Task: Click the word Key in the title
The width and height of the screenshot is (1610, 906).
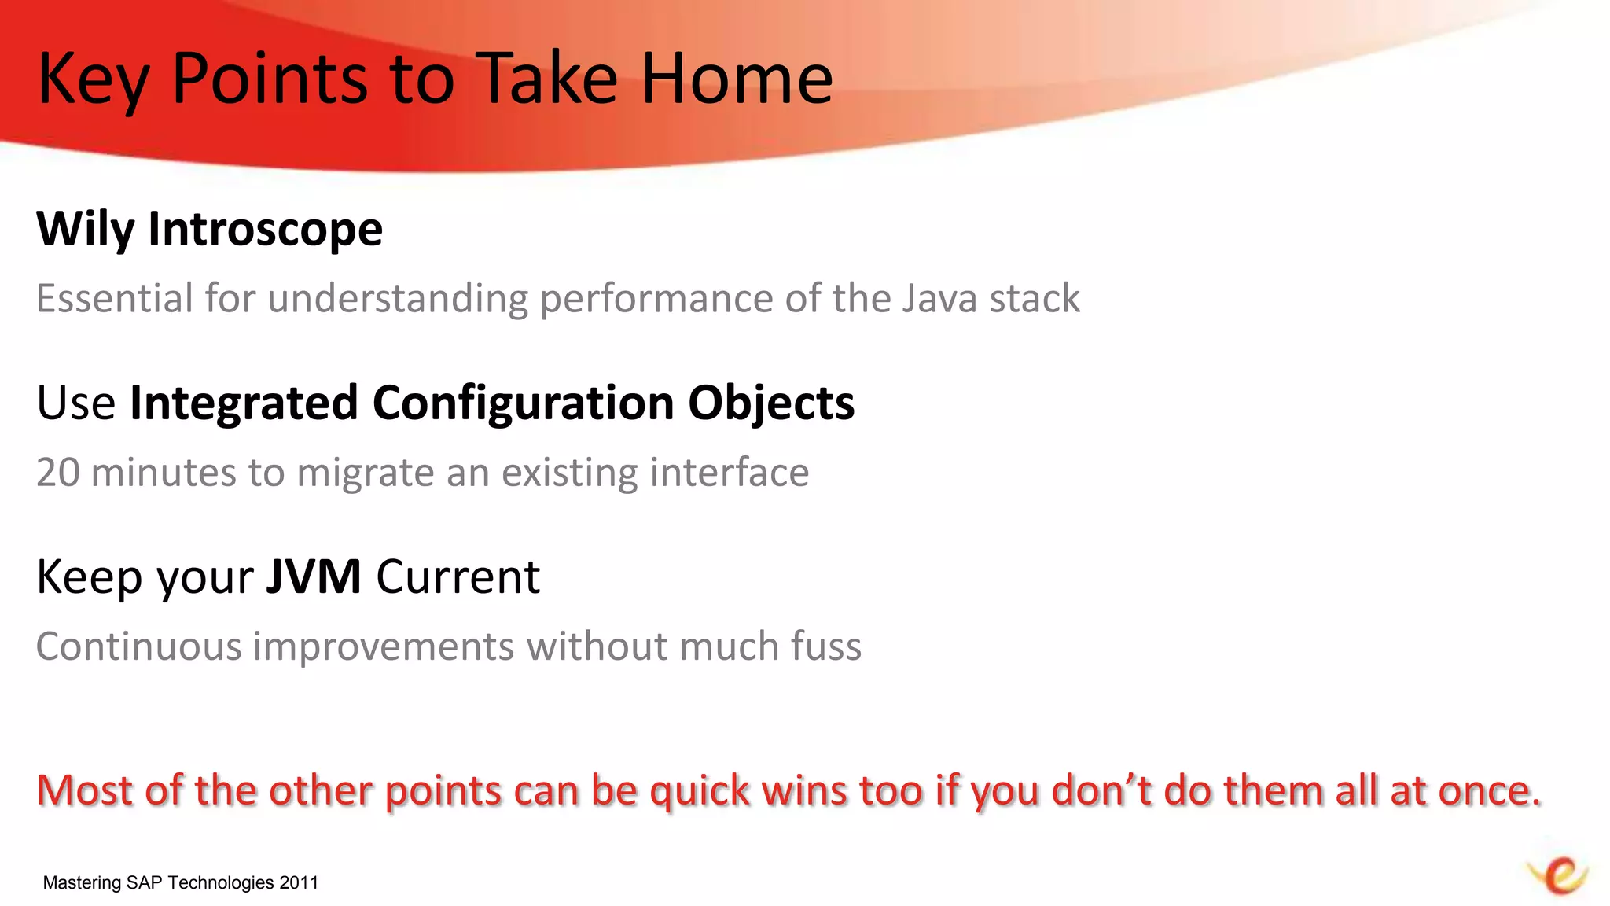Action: pyautogui.click(x=93, y=80)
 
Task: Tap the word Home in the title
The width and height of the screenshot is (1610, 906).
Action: pyautogui.click(x=737, y=79)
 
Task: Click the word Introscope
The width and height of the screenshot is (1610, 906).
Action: pyautogui.click(x=265, y=230)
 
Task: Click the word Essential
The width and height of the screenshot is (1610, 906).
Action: pyautogui.click(x=115, y=299)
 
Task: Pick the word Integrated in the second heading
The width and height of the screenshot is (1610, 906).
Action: pyautogui.click(x=244, y=403)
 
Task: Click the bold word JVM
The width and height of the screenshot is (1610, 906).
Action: pyautogui.click(x=313, y=577)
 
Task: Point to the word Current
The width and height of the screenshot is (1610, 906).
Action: pyautogui.click(x=458, y=577)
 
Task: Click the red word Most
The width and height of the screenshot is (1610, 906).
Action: pyautogui.click(x=85, y=790)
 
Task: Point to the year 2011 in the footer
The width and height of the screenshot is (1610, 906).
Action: pyautogui.click(x=299, y=883)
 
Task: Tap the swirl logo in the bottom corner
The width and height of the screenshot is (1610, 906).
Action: pyautogui.click(x=1558, y=875)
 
